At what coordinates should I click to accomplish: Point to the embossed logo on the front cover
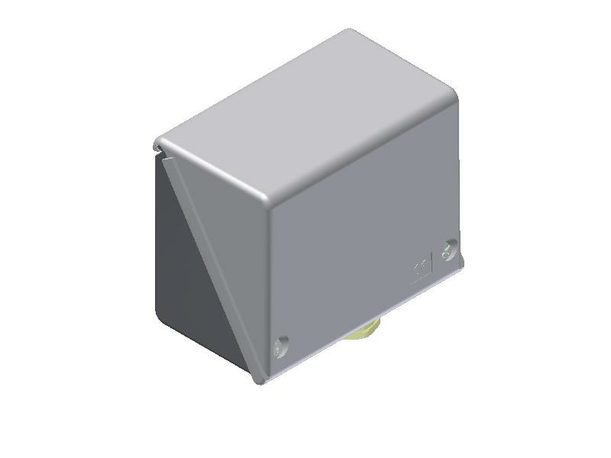coord(419,268)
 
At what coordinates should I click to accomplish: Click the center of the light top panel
coord(305,122)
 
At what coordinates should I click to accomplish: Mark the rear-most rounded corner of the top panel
coord(350,32)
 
